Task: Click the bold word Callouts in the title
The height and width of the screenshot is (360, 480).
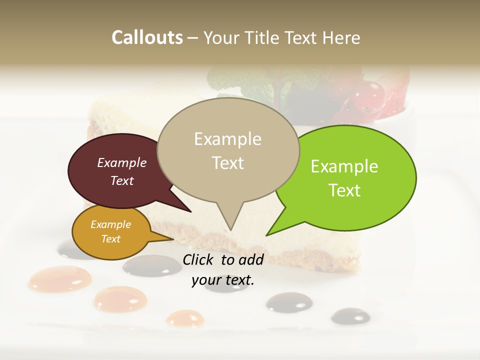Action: point(147,37)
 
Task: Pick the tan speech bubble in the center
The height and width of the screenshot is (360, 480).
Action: point(228,150)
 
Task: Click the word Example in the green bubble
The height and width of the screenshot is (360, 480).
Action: point(344,166)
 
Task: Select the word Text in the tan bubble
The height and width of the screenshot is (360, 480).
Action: point(228,163)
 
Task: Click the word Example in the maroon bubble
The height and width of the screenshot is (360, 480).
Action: point(122,162)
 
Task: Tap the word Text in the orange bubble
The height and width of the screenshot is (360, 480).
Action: point(111,239)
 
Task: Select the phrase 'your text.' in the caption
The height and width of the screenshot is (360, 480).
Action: point(223,280)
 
